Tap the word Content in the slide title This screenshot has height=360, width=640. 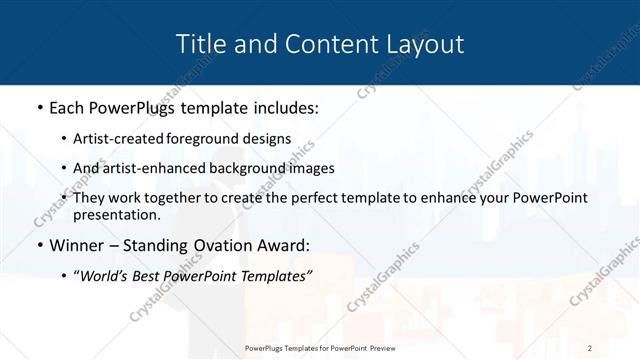tap(322, 44)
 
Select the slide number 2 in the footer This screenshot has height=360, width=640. tap(589, 347)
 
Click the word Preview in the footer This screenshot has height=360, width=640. tap(381, 347)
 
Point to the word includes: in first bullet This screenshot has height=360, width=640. tap(282, 106)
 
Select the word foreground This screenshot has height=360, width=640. tap(213, 138)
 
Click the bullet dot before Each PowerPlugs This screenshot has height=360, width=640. tap(38, 106)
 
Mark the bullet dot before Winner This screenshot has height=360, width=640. tap(38, 246)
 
